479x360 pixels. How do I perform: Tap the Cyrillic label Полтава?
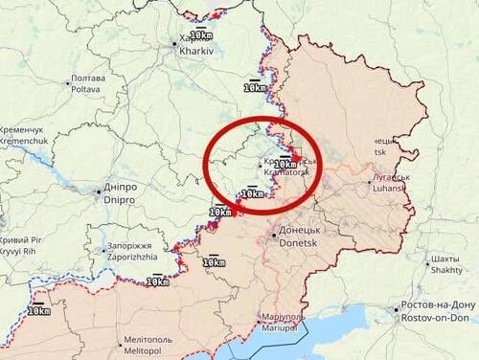pos(88,78)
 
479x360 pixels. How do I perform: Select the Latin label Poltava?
pos(88,87)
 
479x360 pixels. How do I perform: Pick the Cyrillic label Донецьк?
pos(299,232)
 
